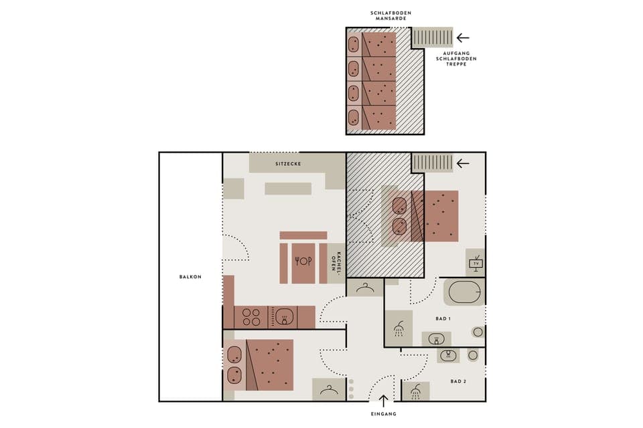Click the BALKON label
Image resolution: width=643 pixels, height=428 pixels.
(x=190, y=276)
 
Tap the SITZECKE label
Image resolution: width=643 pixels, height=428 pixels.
(x=288, y=163)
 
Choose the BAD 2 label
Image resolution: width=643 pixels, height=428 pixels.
(x=459, y=381)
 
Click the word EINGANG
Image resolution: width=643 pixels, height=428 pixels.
(x=383, y=414)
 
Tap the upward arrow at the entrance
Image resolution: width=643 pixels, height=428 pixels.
(x=383, y=401)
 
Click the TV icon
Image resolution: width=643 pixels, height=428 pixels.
(x=476, y=262)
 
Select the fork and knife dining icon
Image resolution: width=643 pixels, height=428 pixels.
(x=303, y=261)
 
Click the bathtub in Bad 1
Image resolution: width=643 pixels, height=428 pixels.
(x=463, y=293)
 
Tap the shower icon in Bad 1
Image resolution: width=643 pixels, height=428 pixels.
(x=399, y=328)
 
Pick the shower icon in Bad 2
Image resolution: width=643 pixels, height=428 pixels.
(x=416, y=391)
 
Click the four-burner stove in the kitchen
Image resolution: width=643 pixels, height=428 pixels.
(x=251, y=316)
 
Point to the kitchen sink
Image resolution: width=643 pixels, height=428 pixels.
(x=286, y=316)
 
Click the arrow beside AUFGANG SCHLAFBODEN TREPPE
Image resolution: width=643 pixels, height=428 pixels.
(x=463, y=37)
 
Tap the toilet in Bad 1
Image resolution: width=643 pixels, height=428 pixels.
(x=477, y=331)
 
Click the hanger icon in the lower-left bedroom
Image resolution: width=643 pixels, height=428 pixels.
(x=328, y=390)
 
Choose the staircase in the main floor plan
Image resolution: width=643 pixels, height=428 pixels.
(x=432, y=163)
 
